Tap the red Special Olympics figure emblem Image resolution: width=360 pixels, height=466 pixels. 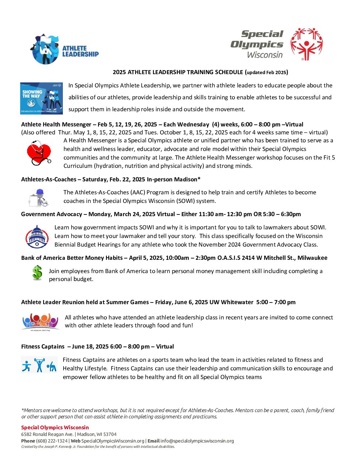click(x=306, y=44)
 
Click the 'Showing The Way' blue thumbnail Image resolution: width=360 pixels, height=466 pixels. click(x=41, y=98)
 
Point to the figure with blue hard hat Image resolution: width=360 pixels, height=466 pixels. click(x=39, y=198)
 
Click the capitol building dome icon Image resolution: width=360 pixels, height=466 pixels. click(x=37, y=236)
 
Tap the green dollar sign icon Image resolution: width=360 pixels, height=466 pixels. click(x=37, y=273)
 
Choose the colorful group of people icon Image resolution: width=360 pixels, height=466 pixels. click(x=40, y=322)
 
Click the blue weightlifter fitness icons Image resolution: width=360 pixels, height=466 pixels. click(x=39, y=365)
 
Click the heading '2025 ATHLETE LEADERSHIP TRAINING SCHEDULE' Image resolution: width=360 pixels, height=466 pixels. click(x=178, y=72)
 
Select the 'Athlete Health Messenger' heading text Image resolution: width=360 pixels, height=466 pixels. click(x=56, y=124)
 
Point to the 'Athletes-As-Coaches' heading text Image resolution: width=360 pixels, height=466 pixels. click(x=49, y=179)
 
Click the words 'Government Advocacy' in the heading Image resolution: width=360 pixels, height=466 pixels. click(x=52, y=214)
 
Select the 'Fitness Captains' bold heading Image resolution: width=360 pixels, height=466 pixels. click(x=43, y=347)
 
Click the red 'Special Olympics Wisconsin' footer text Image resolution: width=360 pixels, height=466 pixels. click(x=55, y=427)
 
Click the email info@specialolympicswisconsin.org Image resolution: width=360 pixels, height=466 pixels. click(x=197, y=441)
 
